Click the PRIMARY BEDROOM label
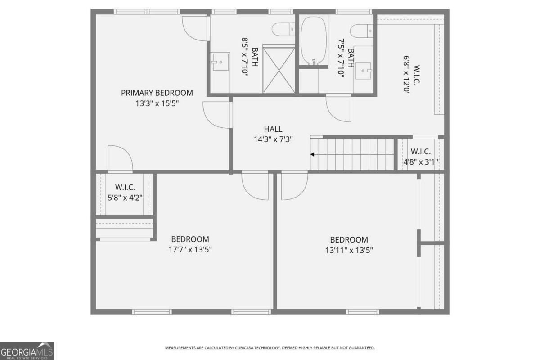tap(157, 93)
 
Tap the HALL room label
tap(273, 130)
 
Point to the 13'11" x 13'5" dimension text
tap(349, 250)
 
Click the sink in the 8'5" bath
tap(220, 62)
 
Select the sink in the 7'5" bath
tap(364, 70)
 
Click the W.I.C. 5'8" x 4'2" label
tap(125, 192)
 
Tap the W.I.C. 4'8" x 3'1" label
tap(420, 157)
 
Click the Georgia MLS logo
tap(27, 351)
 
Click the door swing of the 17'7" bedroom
tap(255, 184)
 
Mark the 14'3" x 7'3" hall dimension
tap(273, 139)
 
